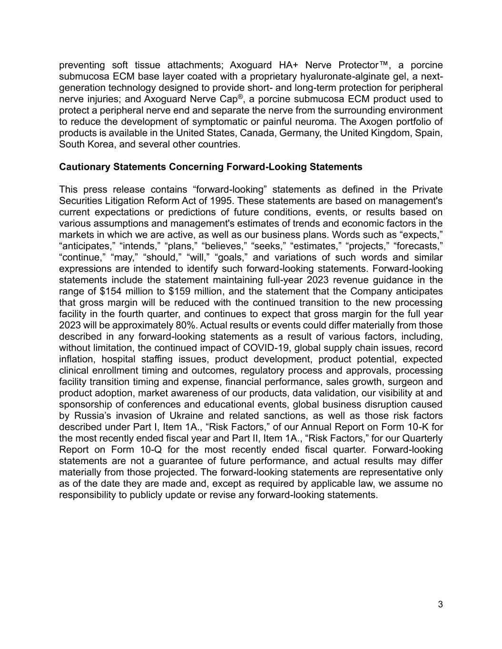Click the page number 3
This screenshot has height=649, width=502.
pyautogui.click(x=440, y=604)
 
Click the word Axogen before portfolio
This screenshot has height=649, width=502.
pyautogui.click(x=372, y=122)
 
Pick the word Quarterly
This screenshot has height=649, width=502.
pyautogui.click(x=423, y=438)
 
